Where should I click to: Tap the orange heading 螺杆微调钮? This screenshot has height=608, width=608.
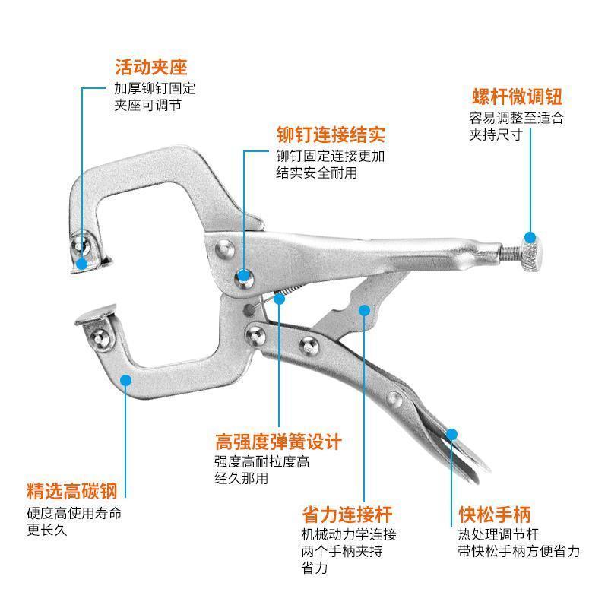[x=518, y=98]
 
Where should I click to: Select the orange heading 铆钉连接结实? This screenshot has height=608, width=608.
[x=331, y=135]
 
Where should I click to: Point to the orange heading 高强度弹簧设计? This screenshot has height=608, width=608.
[x=278, y=442]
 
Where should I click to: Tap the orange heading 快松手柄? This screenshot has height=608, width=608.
[x=495, y=513]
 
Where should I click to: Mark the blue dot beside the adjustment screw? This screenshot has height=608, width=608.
[x=530, y=237]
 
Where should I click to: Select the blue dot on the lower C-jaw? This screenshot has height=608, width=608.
[x=125, y=380]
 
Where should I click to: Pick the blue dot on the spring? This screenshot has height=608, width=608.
[x=280, y=299]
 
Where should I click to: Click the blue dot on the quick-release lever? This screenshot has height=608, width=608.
[x=451, y=434]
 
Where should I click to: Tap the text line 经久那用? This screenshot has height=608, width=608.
[x=241, y=478]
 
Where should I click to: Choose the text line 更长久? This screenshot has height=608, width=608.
[x=46, y=530]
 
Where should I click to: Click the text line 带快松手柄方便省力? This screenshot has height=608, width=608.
[x=518, y=551]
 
